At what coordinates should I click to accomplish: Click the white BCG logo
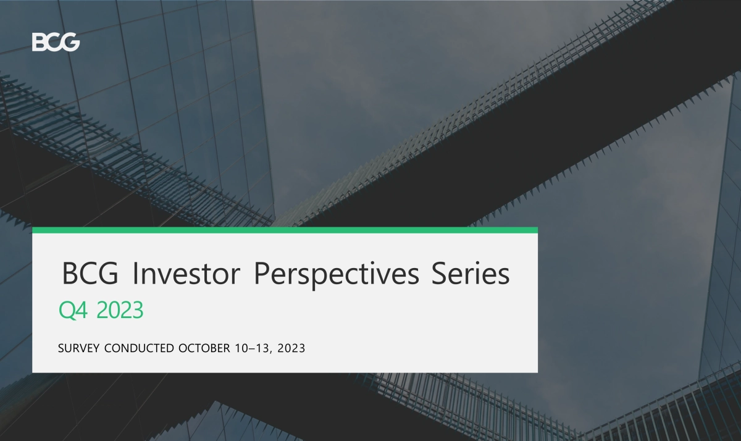(56, 42)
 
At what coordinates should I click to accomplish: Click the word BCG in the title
(90, 274)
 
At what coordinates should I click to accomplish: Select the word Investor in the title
(186, 274)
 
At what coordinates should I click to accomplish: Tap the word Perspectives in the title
(337, 275)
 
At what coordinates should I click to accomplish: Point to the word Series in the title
(471, 274)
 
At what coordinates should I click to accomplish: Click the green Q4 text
(73, 310)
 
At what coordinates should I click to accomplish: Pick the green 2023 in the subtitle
(120, 310)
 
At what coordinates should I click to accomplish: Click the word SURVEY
(79, 348)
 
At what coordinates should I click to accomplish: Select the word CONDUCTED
(139, 348)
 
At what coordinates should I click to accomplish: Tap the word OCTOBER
(204, 348)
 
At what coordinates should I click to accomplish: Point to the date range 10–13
(252, 348)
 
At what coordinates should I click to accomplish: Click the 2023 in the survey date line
(291, 348)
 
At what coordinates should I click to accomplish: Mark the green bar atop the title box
(285, 230)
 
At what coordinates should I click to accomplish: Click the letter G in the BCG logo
(70, 42)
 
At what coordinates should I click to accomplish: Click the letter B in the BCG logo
(38, 42)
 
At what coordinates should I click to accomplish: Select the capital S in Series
(438, 274)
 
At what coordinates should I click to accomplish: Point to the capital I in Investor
(135, 274)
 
